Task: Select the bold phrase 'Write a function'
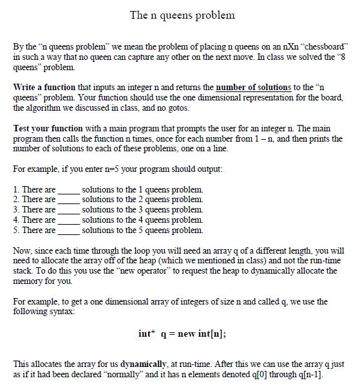(x=44, y=86)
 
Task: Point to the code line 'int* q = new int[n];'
(x=182, y=333)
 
